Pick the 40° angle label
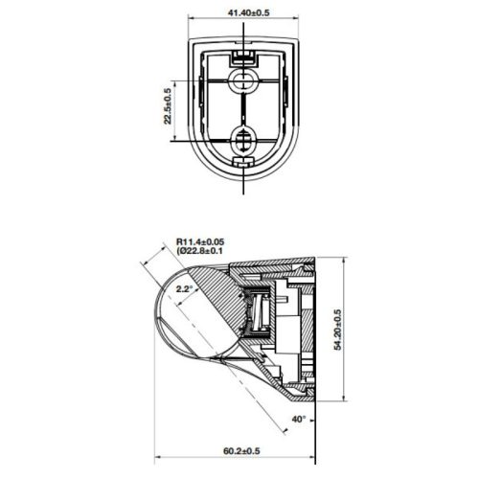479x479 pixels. (300, 419)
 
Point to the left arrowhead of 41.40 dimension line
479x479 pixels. (192, 22)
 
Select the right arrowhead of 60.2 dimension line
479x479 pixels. (314, 462)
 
